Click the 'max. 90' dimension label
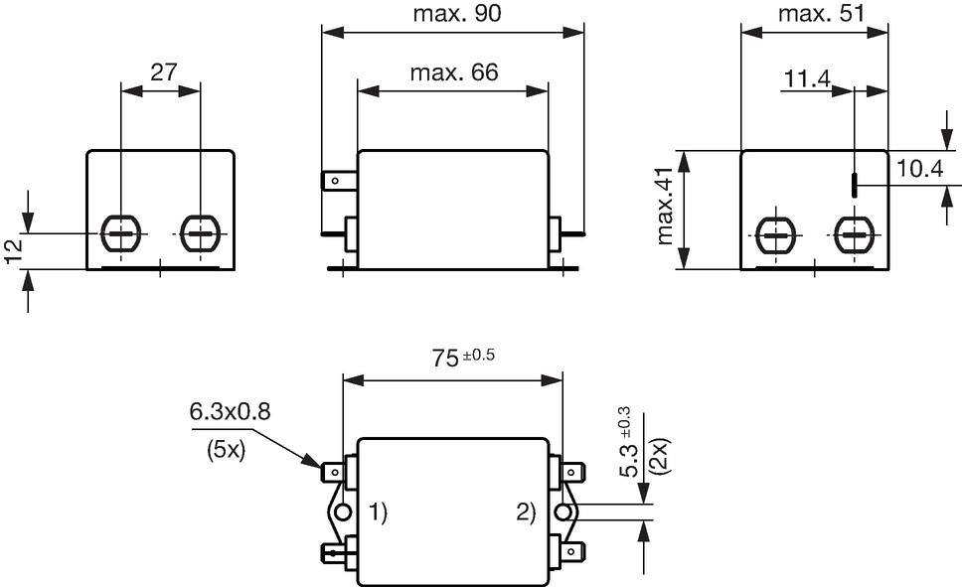457,13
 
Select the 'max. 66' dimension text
454,73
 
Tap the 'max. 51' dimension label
821,13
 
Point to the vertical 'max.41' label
665,207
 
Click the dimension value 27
163,72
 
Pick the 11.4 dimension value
807,78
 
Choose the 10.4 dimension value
919,168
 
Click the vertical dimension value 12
13,250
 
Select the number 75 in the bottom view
445,359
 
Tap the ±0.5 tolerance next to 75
479,356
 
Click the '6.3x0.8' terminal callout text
230,411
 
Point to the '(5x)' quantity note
227,451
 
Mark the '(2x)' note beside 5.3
662,455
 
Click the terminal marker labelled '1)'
379,512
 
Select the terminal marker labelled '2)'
526,512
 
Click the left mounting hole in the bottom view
343,513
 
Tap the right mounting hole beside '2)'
561,513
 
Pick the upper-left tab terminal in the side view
340,181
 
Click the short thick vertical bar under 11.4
854,186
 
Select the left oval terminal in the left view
121,233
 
